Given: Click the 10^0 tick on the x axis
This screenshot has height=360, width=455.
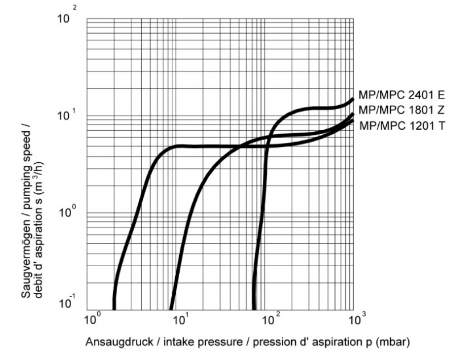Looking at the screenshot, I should coord(93,315).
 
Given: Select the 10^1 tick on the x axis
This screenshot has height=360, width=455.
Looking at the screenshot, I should coord(180,315).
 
